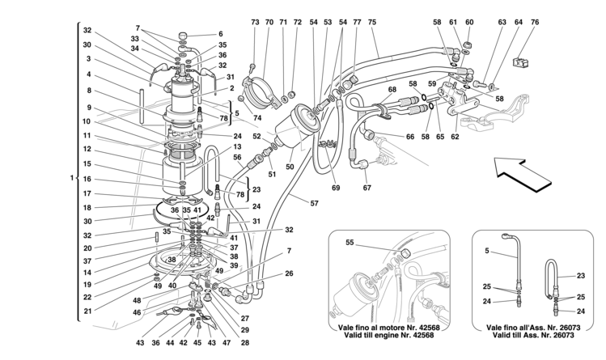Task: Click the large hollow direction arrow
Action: coord(523,176)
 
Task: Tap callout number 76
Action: coord(535,22)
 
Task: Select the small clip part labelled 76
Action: coord(520,62)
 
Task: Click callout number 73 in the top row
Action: coord(255,22)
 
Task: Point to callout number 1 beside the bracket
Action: coord(71,178)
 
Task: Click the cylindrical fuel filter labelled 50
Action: coord(298,128)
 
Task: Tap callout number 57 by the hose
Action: coord(314,203)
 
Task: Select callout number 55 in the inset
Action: coord(350,243)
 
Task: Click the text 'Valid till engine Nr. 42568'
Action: coord(389,335)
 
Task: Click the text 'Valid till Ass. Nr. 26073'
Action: coord(533,335)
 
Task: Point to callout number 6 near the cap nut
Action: coord(221,34)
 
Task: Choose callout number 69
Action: coord(336,188)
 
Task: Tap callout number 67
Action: coord(367,188)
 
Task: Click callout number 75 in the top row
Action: coord(372,22)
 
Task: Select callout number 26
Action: coord(289,273)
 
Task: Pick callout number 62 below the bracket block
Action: coord(455,137)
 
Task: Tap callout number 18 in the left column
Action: coord(87,207)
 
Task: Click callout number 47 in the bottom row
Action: coord(227,343)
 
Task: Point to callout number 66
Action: coord(410,137)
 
